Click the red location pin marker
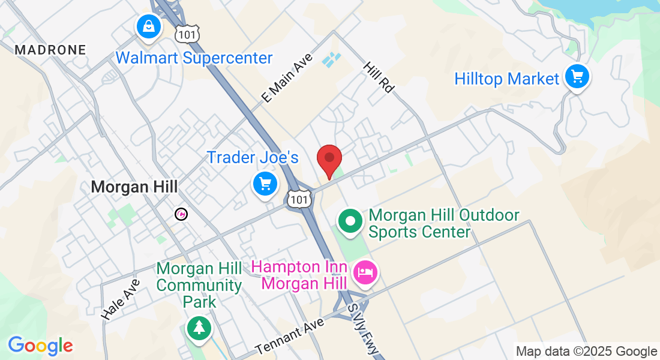tap(329, 158)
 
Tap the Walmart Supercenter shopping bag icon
tap(148, 27)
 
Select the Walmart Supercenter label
tap(194, 58)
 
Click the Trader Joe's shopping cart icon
tap(265, 184)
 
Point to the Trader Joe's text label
tap(253, 158)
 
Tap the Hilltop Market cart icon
tap(577, 77)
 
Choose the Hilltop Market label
tap(506, 79)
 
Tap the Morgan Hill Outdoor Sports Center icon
tap(349, 221)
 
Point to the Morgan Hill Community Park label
tap(199, 285)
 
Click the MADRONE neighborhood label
tap(50, 50)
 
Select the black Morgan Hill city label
tap(134, 187)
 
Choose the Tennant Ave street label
tap(289, 336)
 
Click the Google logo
tap(40, 346)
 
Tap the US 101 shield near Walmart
tap(187, 35)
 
